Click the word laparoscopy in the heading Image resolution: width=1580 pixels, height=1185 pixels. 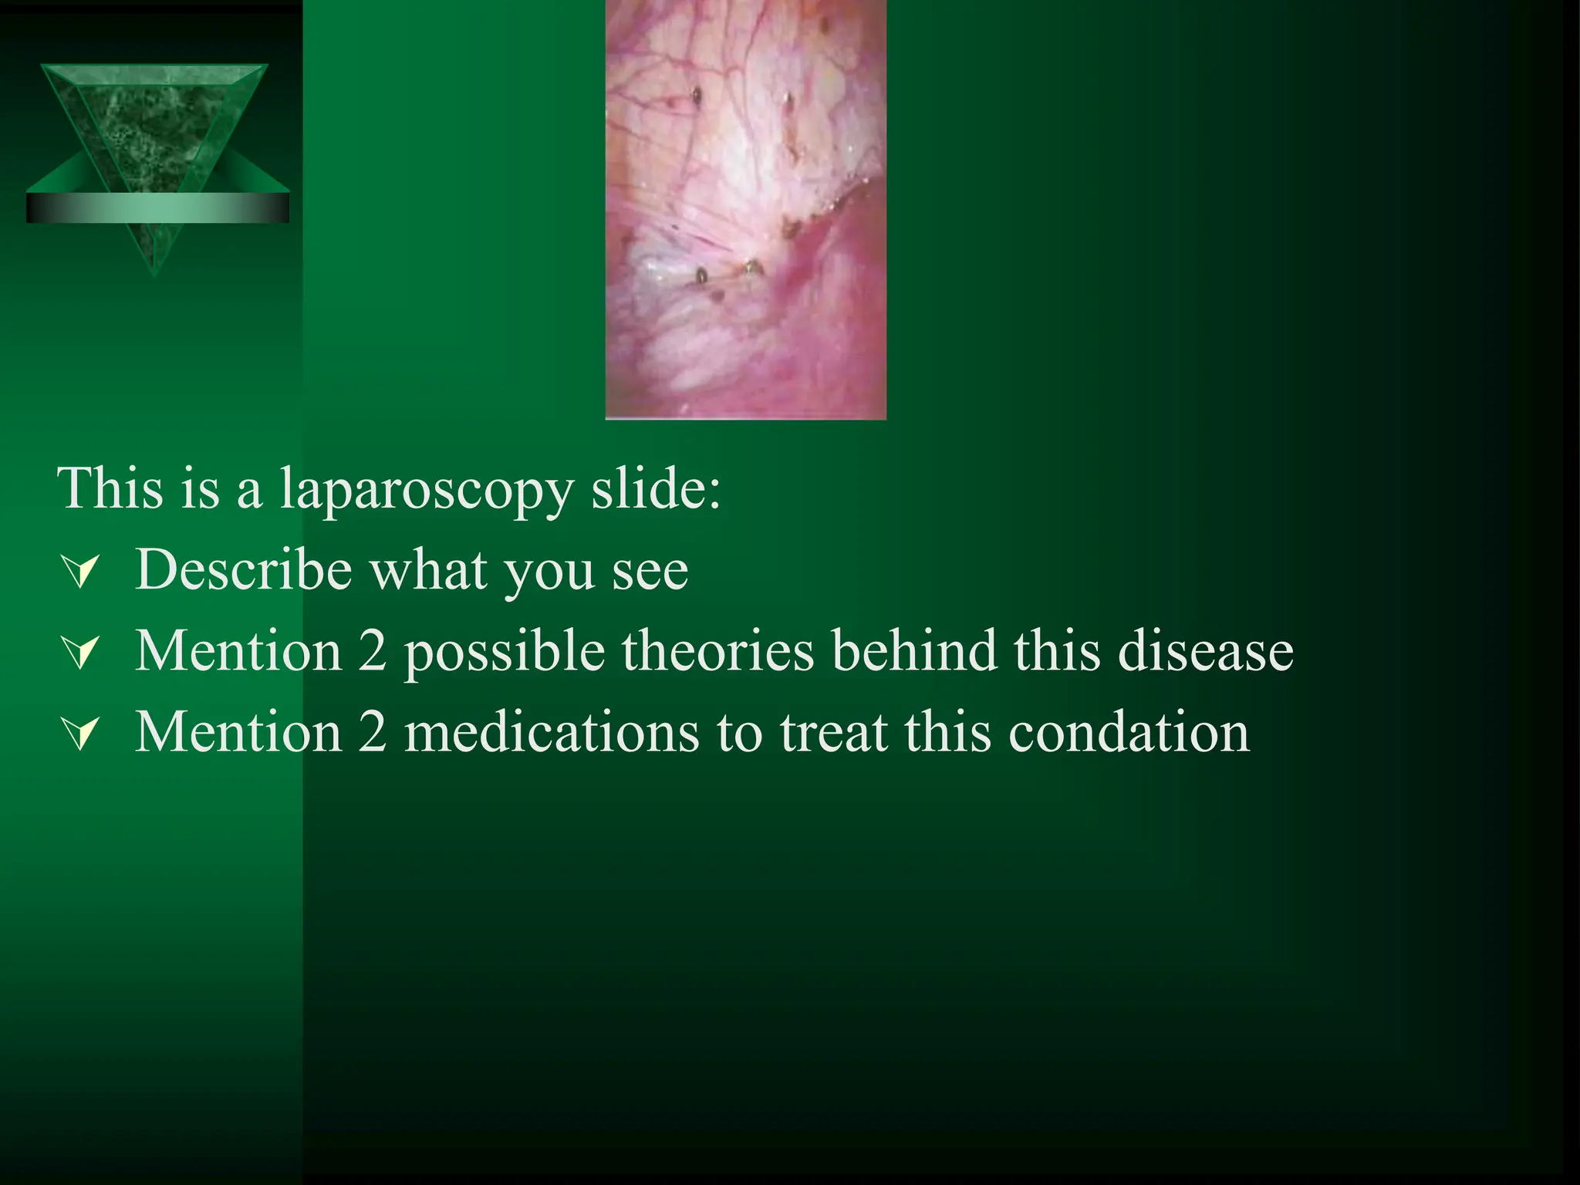tap(426, 489)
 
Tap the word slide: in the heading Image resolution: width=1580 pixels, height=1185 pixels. tap(656, 489)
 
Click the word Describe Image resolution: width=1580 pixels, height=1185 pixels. tap(244, 570)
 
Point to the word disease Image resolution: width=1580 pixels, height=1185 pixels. tap(1205, 651)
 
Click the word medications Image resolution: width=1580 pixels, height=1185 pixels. tap(552, 732)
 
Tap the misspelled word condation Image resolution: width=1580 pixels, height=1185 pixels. tap(1129, 732)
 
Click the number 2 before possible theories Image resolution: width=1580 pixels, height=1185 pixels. tap(373, 651)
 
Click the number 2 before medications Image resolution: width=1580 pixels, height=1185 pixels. tap(373, 732)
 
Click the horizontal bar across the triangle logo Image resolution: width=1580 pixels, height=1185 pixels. tap(157, 208)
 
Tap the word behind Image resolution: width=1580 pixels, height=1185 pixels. tap(914, 651)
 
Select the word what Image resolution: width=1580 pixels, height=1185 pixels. tap(428, 570)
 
